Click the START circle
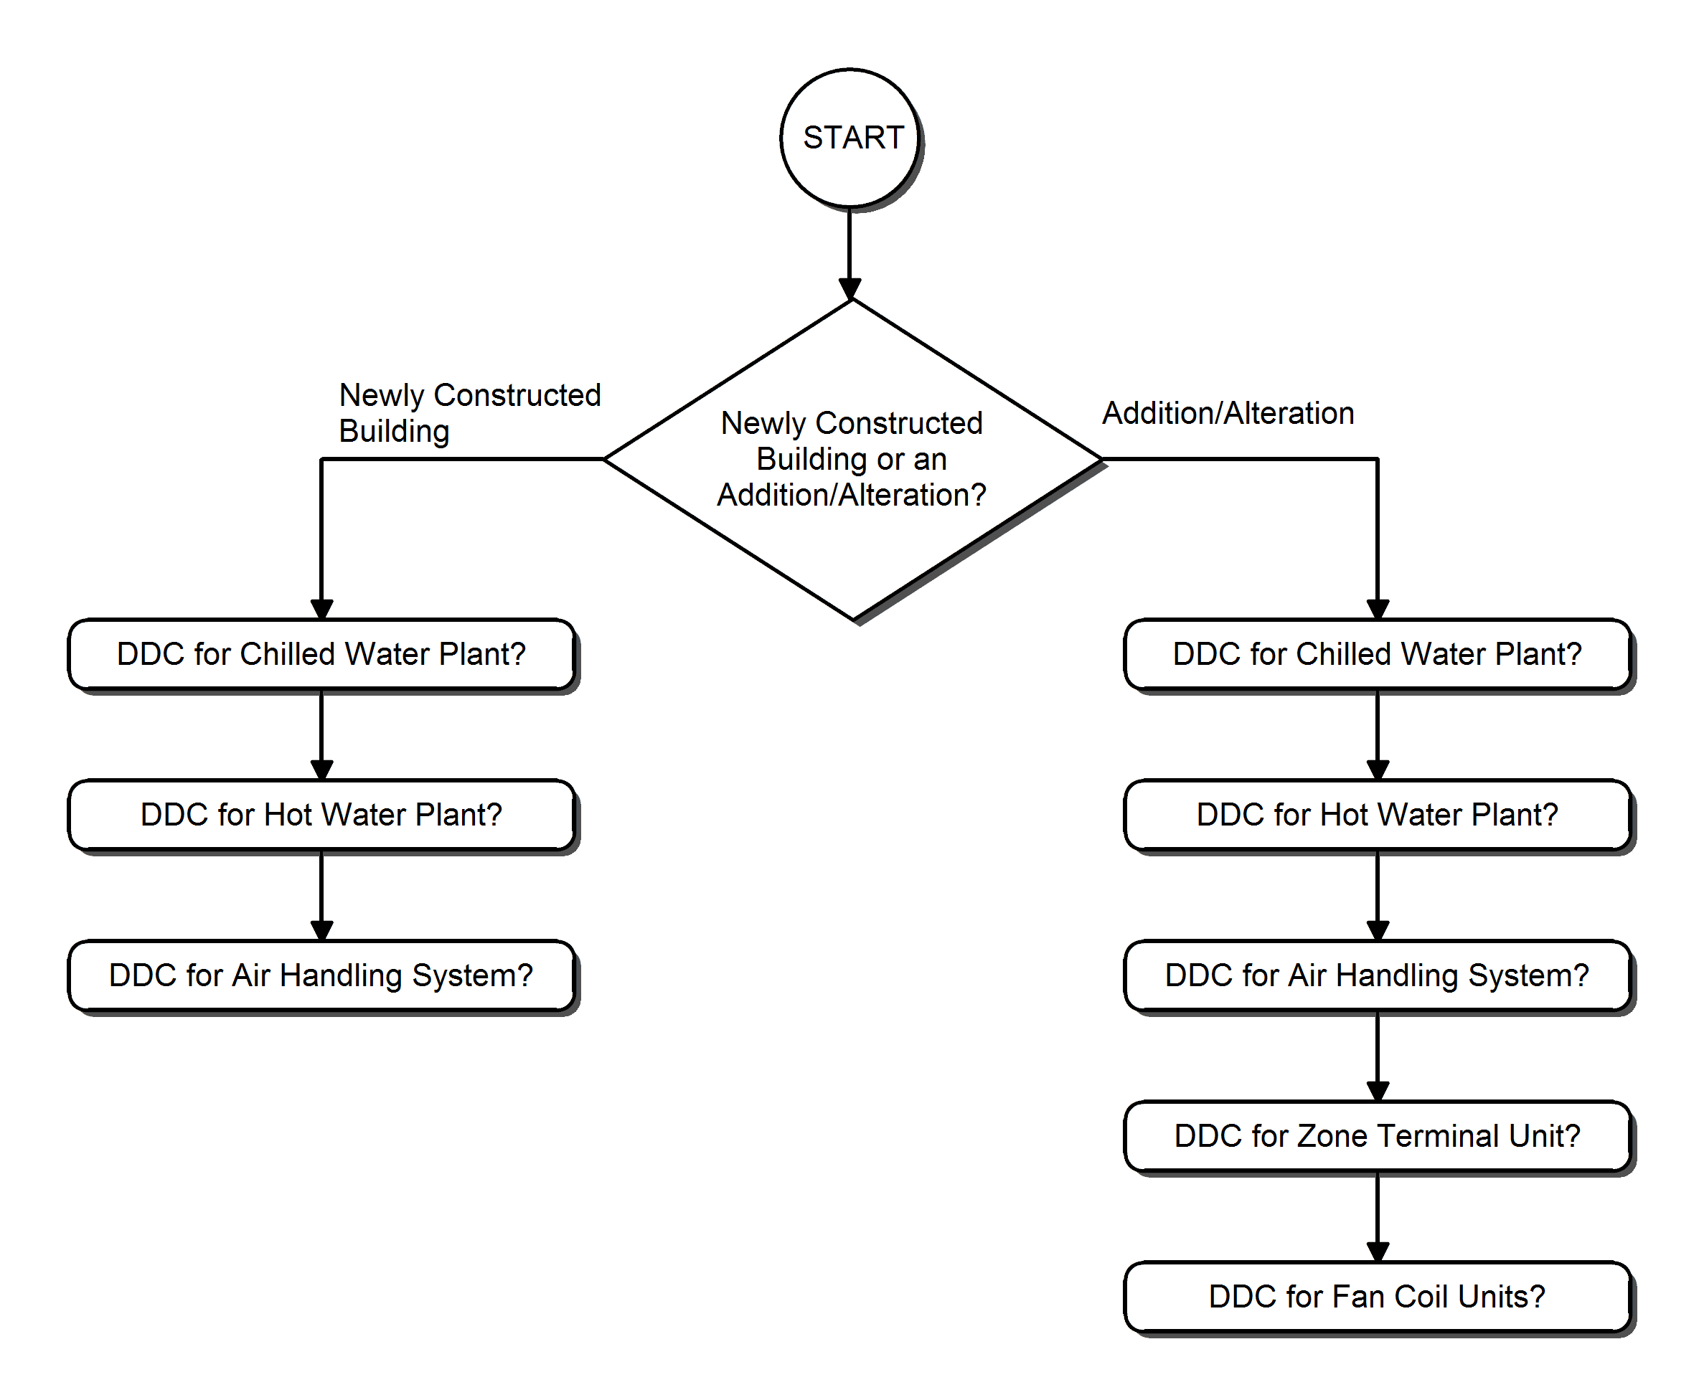[x=849, y=138]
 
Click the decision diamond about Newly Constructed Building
[x=852, y=459]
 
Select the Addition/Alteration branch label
[x=1227, y=413]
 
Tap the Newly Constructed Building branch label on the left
[x=469, y=412]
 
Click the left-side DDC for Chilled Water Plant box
[x=321, y=654]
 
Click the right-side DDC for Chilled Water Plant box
[x=1376, y=654]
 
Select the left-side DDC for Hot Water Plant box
[x=321, y=815]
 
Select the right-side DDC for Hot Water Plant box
[x=1376, y=815]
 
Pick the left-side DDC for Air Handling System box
[x=321, y=975]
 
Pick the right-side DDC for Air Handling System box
[x=1376, y=975]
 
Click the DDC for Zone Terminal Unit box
[x=1376, y=1135]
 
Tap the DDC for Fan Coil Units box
[x=1376, y=1296]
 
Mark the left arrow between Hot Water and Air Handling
[x=322, y=894]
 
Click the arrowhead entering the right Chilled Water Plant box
[x=1377, y=609]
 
